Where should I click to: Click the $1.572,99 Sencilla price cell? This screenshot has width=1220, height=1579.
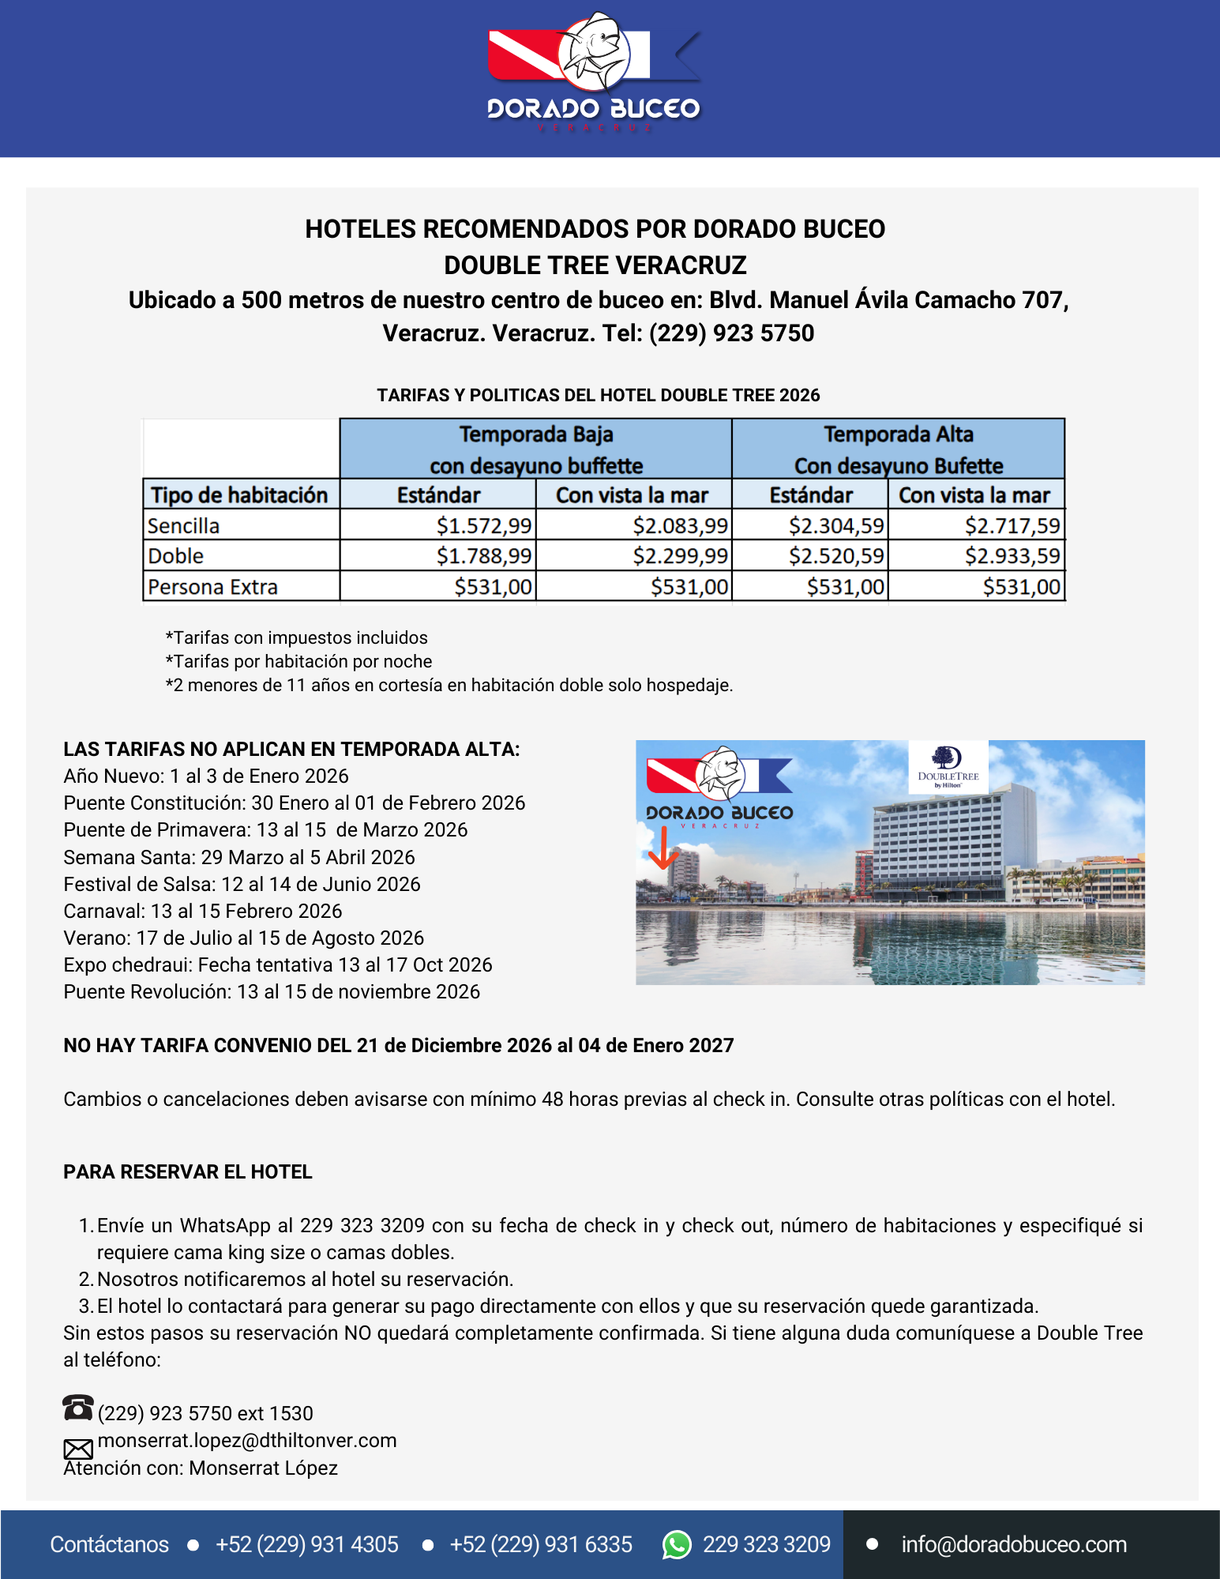(x=484, y=525)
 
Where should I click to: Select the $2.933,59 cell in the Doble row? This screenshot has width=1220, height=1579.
(x=1012, y=556)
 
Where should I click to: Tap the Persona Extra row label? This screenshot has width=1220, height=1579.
(x=213, y=587)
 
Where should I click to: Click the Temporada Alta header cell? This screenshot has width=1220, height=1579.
(x=898, y=449)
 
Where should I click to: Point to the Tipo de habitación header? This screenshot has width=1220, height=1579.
(x=239, y=495)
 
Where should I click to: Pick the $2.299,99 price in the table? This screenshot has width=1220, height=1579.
(x=680, y=556)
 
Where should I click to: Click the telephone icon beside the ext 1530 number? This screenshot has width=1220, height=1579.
(x=77, y=1408)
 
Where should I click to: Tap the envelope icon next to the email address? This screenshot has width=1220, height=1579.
(x=78, y=1449)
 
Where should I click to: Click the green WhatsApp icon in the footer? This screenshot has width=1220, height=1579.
(x=677, y=1544)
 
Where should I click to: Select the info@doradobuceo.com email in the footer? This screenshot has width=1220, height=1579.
(x=1014, y=1544)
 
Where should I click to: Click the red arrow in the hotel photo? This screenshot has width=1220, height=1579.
(x=663, y=848)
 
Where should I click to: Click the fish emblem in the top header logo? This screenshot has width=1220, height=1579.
(x=594, y=51)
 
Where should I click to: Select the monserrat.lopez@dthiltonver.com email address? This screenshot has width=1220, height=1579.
(x=247, y=1440)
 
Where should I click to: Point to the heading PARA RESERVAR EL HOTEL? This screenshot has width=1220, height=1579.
(x=188, y=1171)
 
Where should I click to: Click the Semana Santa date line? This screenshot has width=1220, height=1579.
(x=239, y=857)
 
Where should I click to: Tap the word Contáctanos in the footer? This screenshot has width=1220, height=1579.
(x=110, y=1544)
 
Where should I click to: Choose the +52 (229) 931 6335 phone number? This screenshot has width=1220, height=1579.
(x=541, y=1544)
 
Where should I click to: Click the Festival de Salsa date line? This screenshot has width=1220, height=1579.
(x=242, y=884)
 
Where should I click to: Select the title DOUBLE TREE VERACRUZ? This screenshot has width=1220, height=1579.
(x=595, y=265)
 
